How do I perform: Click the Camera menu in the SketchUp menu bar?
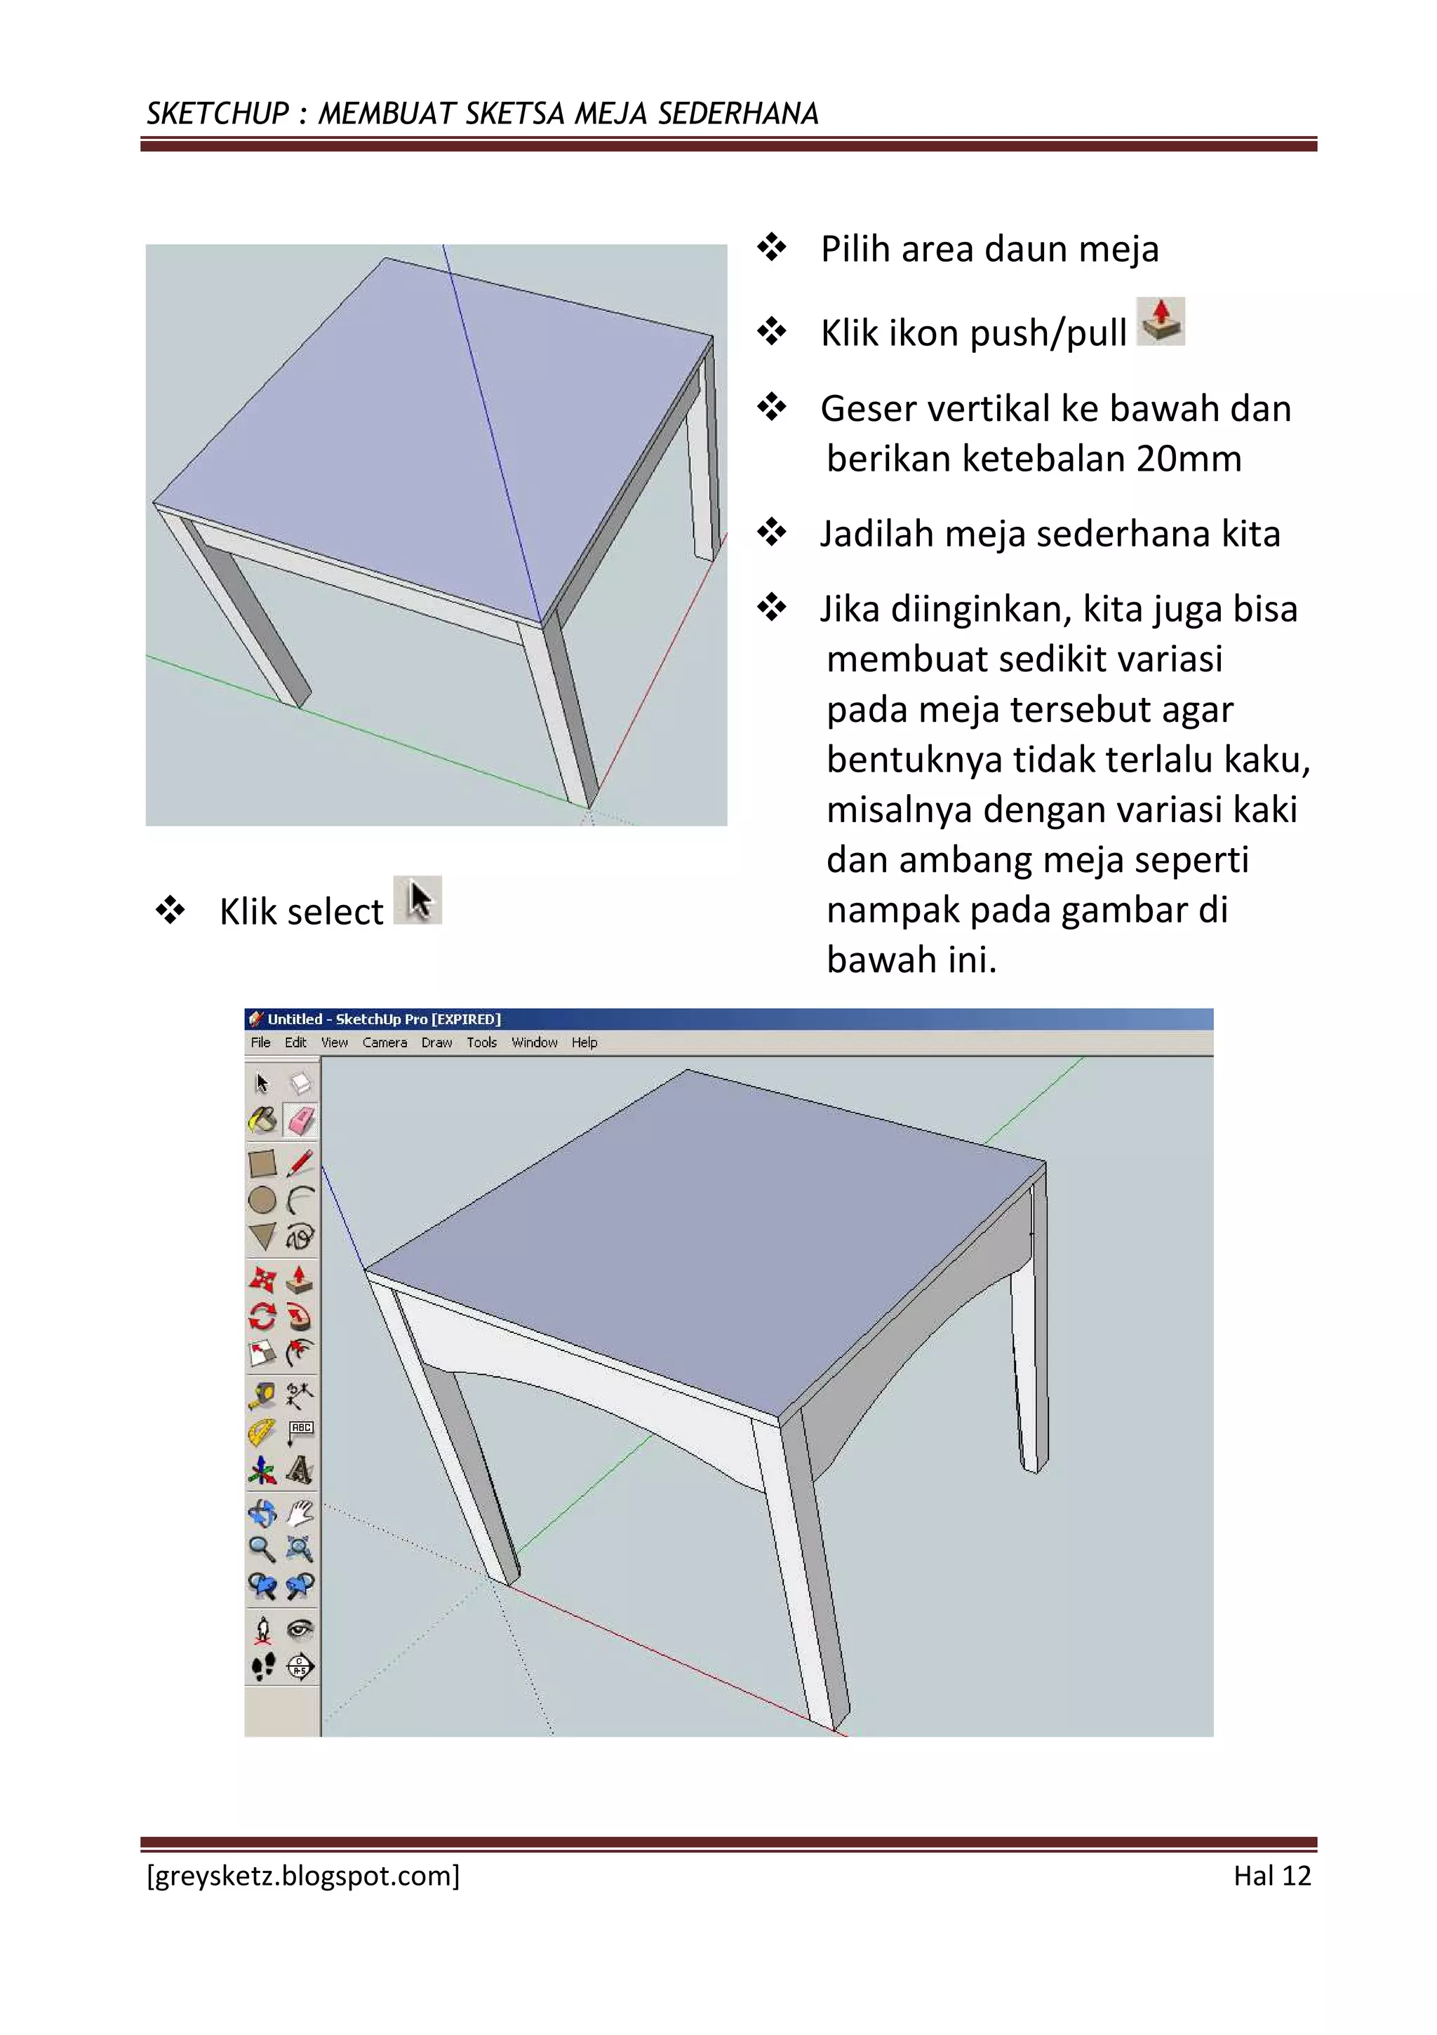[x=384, y=1042]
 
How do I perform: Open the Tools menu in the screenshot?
[x=481, y=1042]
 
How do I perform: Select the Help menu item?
[x=584, y=1042]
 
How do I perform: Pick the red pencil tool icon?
[x=300, y=1162]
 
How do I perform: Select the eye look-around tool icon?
[x=300, y=1629]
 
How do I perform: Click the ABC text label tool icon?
[x=300, y=1430]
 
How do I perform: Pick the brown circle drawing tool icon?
[x=262, y=1200]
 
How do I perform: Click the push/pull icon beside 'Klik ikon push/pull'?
[x=1161, y=321]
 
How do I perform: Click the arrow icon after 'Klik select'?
[x=418, y=901]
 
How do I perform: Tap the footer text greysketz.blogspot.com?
[x=303, y=1876]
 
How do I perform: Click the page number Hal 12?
[x=1271, y=1876]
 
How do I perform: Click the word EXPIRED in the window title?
[x=467, y=1019]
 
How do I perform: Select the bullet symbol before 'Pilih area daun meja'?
[x=771, y=248]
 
